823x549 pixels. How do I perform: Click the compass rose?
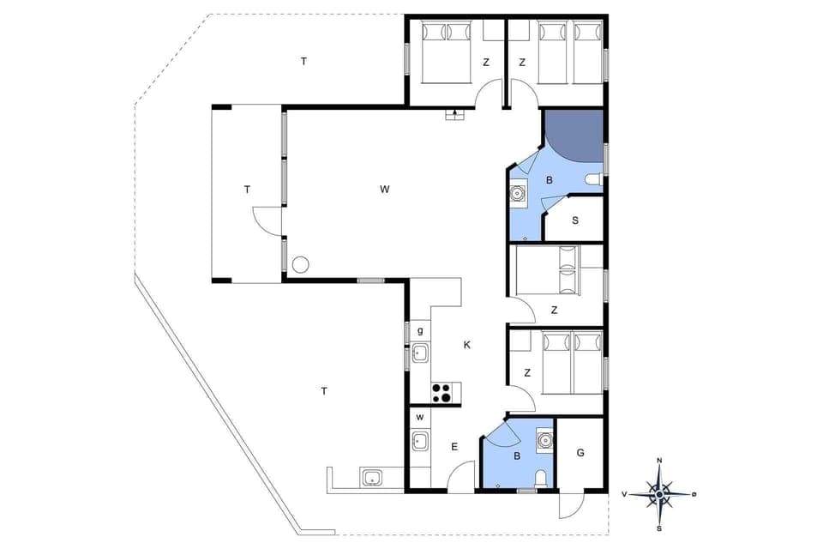[658, 493]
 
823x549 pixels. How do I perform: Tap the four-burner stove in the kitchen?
[442, 393]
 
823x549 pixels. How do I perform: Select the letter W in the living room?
[385, 189]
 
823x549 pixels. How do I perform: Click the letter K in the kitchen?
[467, 345]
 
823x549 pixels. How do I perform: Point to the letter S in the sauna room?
[575, 220]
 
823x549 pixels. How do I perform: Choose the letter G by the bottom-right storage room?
[580, 452]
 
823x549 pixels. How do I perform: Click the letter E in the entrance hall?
[454, 446]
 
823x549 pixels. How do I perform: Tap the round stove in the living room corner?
[300, 265]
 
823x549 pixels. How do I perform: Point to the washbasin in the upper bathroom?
[518, 193]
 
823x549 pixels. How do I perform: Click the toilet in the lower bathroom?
[540, 478]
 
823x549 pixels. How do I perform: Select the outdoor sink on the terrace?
[371, 478]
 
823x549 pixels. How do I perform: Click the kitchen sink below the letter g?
[420, 353]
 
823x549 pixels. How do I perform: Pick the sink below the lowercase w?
[420, 442]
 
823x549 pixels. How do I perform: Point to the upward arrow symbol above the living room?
[454, 113]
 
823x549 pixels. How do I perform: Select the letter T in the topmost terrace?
[303, 61]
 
